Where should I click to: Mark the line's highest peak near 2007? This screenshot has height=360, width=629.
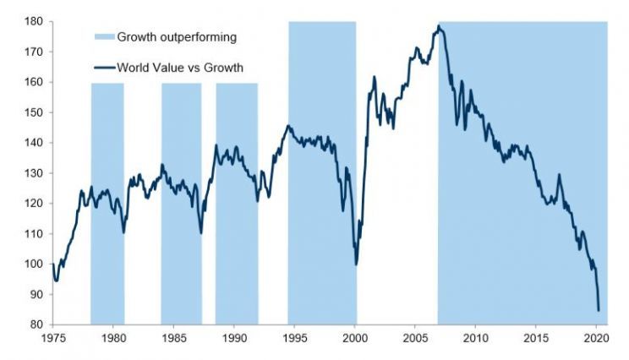point(438,27)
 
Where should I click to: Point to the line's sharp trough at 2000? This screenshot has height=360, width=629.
point(356,264)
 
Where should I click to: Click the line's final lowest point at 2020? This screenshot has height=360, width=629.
point(599,310)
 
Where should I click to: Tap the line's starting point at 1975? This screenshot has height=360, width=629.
point(53,264)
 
